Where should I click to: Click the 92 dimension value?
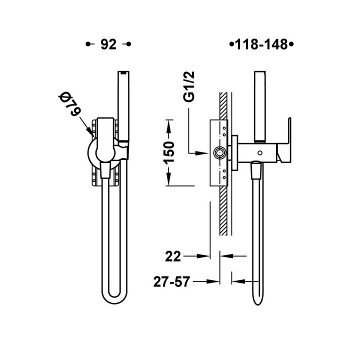coord(108,44)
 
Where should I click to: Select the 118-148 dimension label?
coord(261,44)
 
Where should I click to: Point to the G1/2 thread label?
coord(188,86)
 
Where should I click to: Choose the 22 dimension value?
coord(173,256)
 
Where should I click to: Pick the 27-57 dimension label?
coord(171,281)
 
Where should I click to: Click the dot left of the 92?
coord(87,44)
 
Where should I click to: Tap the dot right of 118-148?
coord(291,44)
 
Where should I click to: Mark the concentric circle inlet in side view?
coord(219,152)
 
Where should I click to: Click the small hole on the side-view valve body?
coord(260,152)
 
